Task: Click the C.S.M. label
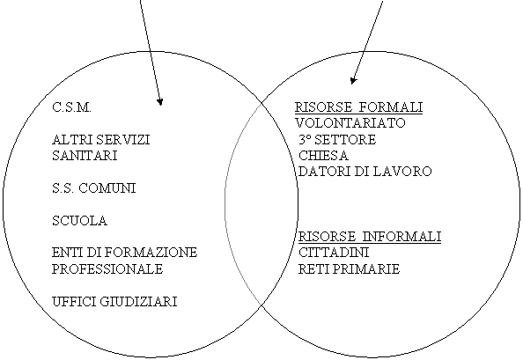coord(71,107)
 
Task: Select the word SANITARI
coord(85,156)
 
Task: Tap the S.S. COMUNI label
coord(94,188)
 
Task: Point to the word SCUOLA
coord(80,221)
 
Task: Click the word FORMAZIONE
coord(151,253)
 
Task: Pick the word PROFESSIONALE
coord(107,268)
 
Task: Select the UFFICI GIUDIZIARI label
coord(114,301)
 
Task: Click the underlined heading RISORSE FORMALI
coord(359,107)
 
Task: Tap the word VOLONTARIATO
coord(350,123)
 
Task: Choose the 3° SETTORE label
coord(337,139)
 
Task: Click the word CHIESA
coord(323,155)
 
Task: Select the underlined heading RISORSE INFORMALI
coord(370,237)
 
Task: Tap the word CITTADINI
coord(334,253)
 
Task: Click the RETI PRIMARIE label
coord(349,268)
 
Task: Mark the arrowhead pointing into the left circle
coord(160,102)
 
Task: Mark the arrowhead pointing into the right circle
coord(353,81)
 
